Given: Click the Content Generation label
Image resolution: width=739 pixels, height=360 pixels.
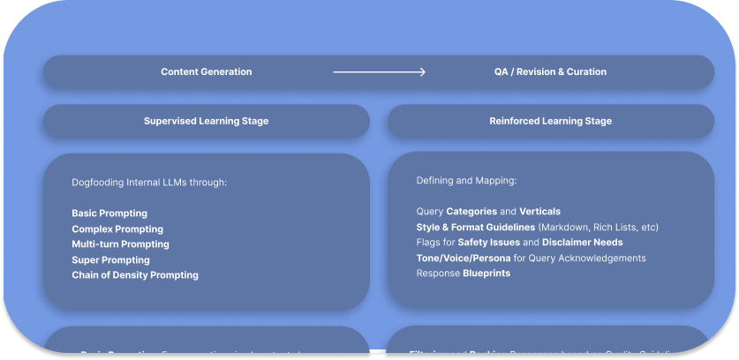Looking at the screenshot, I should click(206, 72).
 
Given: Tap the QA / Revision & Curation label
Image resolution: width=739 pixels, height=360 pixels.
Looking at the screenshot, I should click(550, 72).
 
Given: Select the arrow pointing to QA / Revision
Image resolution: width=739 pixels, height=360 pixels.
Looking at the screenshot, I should click(380, 72).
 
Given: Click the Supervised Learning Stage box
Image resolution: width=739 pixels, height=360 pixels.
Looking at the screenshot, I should click(206, 121).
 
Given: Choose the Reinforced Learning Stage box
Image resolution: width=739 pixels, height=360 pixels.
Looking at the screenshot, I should click(550, 121).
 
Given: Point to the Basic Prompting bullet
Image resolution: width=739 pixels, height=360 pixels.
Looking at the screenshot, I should click(109, 214).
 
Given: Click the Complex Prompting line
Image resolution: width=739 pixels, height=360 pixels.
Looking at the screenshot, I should click(117, 229).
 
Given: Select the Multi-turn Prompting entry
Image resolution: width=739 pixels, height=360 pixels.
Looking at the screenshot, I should click(120, 244).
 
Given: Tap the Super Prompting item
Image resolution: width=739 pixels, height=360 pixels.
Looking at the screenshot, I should click(110, 260).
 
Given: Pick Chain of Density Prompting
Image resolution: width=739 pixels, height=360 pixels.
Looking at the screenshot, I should click(135, 275).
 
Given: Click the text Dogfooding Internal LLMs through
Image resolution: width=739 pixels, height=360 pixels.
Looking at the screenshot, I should click(149, 183).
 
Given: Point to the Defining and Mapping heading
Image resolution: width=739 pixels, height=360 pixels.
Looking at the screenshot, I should click(466, 181).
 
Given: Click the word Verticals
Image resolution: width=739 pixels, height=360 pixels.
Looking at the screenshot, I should click(539, 212).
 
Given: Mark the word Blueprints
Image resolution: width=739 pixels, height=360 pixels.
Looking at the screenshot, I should click(486, 274).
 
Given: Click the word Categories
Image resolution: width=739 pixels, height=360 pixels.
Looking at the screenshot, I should click(471, 212).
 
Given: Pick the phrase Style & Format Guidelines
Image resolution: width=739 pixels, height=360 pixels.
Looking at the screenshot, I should click(475, 228).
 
